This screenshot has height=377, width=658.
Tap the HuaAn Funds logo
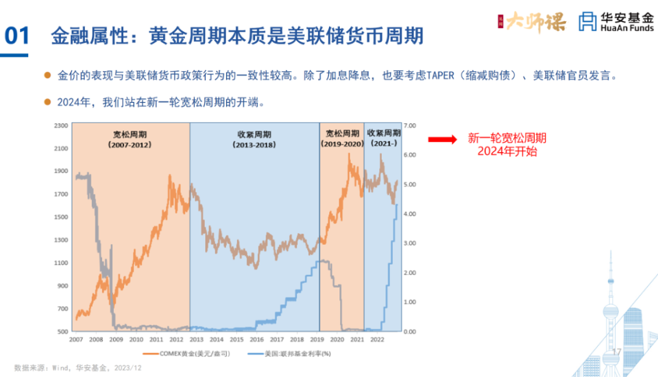tap(616, 21)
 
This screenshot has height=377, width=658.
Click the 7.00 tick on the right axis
tap(411, 125)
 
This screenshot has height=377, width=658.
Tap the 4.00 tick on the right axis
tap(411, 214)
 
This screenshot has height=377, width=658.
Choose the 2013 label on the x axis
tap(196, 339)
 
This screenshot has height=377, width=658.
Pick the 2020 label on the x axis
tap(337, 339)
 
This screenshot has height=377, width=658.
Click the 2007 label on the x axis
tap(75, 339)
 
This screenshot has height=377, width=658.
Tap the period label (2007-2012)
tap(130, 145)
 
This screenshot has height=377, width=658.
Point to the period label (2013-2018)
tap(254, 145)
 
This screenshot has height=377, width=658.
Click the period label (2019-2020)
tap(341, 144)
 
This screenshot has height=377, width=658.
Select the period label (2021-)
tap(383, 144)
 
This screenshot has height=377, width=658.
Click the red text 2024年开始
tap(507, 151)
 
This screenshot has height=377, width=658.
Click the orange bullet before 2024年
tap(47, 102)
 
